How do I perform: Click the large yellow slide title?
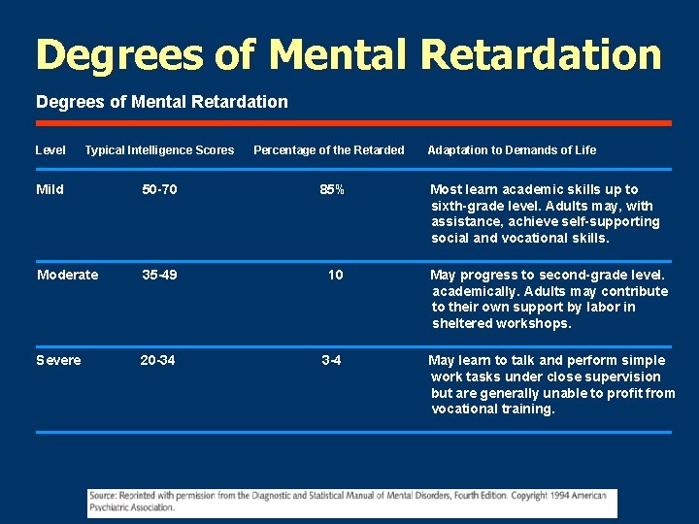(x=349, y=55)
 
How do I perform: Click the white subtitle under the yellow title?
(x=161, y=102)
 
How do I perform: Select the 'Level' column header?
(x=50, y=149)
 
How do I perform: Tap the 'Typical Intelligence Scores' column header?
(x=159, y=149)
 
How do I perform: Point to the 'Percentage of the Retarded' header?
(x=328, y=149)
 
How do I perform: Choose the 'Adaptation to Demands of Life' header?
(x=512, y=149)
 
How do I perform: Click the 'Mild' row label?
(x=50, y=189)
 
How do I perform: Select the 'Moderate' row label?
(x=67, y=275)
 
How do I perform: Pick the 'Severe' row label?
(x=58, y=360)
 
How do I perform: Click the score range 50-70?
(x=159, y=189)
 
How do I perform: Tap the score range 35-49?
(x=159, y=275)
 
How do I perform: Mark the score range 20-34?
(x=157, y=360)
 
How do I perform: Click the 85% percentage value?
(x=332, y=189)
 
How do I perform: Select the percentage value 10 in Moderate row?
(x=335, y=275)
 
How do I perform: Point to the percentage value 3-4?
(x=332, y=360)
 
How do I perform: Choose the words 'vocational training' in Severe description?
(x=492, y=409)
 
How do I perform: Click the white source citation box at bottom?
(x=351, y=502)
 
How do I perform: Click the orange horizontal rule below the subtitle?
(x=353, y=123)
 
